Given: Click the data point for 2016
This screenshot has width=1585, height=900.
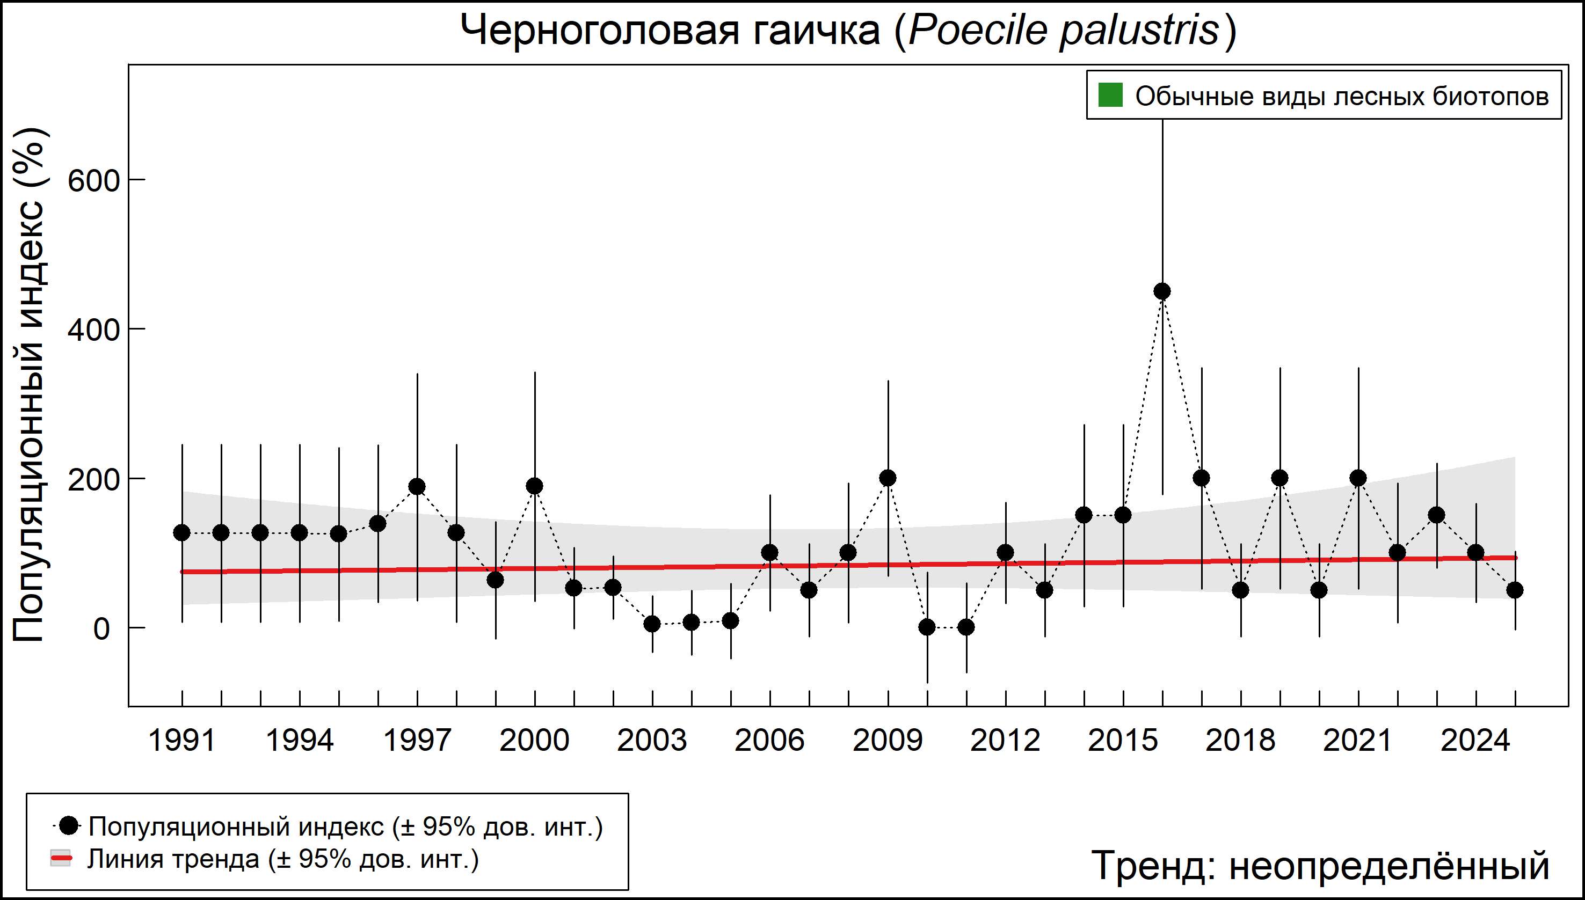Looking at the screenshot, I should [x=1162, y=291].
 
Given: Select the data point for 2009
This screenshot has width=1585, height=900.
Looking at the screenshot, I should [x=888, y=478].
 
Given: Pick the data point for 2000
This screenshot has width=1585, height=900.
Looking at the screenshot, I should [x=535, y=486].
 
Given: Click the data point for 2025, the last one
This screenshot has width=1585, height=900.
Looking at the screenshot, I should [x=1515, y=590].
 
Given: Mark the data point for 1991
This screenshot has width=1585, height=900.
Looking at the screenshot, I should [x=182, y=533].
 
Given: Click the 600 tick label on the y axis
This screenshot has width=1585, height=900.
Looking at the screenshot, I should [x=93, y=181].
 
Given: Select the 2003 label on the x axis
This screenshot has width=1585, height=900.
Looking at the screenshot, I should [x=652, y=741].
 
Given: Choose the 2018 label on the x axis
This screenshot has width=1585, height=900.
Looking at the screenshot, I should [x=1240, y=741].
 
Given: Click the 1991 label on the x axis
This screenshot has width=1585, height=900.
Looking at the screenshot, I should [x=182, y=741].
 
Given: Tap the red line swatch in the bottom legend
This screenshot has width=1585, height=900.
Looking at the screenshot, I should [x=61, y=859].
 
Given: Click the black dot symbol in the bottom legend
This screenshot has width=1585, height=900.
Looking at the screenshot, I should [x=70, y=825].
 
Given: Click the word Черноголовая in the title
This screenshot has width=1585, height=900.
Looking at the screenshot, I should [x=600, y=31].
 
